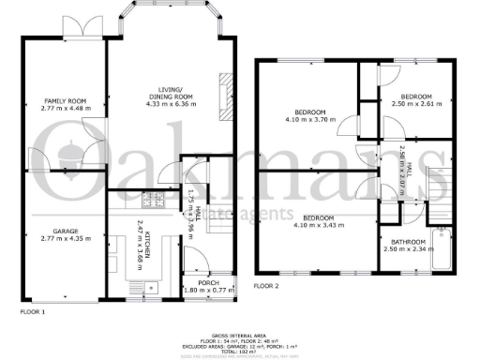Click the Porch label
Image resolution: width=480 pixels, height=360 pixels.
(207, 281)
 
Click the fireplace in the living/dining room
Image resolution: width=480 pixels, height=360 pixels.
(224, 93)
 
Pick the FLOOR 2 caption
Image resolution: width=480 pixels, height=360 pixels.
(267, 285)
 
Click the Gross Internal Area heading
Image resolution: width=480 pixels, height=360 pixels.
(240, 334)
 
